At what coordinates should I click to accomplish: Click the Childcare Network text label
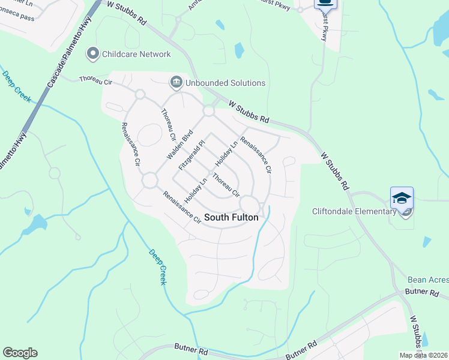coord(136,54)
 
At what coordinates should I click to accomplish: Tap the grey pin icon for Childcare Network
coord(93,54)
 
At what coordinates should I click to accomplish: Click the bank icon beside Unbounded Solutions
coord(176,82)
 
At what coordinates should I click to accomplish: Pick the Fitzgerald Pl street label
coord(193,154)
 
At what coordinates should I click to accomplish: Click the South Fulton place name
coord(232,217)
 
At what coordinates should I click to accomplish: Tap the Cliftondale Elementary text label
coord(354,211)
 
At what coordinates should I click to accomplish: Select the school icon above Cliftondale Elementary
coord(402,197)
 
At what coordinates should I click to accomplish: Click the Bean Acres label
coord(428,280)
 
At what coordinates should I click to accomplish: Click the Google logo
coord(20,353)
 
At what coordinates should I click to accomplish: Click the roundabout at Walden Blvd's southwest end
coord(149,179)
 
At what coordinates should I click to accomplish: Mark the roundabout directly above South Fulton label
coord(250,203)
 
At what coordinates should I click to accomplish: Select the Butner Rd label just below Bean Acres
coord(423,292)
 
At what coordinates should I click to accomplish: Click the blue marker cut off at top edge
coord(325,4)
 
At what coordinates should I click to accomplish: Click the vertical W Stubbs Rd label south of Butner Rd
coord(415,332)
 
